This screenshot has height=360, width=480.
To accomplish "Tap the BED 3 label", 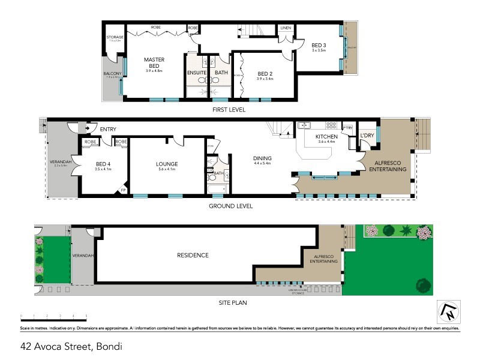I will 318,44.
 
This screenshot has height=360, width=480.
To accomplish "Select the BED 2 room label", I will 265,74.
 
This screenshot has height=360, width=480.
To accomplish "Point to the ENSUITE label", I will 197,73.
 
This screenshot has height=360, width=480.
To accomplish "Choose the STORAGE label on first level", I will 115,37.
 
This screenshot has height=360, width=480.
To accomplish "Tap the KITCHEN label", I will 328,137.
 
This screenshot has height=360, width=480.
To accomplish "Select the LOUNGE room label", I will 167,164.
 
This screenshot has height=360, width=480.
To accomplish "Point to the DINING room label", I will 262,158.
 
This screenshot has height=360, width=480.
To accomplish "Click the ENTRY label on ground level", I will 109,129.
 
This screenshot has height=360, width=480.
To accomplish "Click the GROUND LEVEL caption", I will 230,206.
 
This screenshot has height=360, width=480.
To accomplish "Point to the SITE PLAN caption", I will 232,302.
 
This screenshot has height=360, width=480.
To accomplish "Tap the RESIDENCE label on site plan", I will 193,255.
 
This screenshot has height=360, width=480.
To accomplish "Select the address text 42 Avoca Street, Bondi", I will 74,346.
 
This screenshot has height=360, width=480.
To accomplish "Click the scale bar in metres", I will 54,316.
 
